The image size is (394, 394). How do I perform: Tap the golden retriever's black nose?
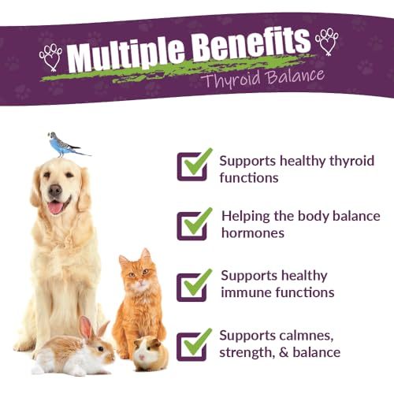(55, 190)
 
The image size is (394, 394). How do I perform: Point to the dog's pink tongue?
(55, 207)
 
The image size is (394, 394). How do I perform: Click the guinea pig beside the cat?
(151, 353)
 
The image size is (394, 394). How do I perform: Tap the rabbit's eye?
(100, 349)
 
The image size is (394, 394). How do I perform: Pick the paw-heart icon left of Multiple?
(51, 58)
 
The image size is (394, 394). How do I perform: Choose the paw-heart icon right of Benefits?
(327, 42)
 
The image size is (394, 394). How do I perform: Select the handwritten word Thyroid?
(231, 80)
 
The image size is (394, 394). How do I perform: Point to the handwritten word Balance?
(295, 76)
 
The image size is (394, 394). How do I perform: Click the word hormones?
(253, 232)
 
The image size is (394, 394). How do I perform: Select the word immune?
(246, 292)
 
